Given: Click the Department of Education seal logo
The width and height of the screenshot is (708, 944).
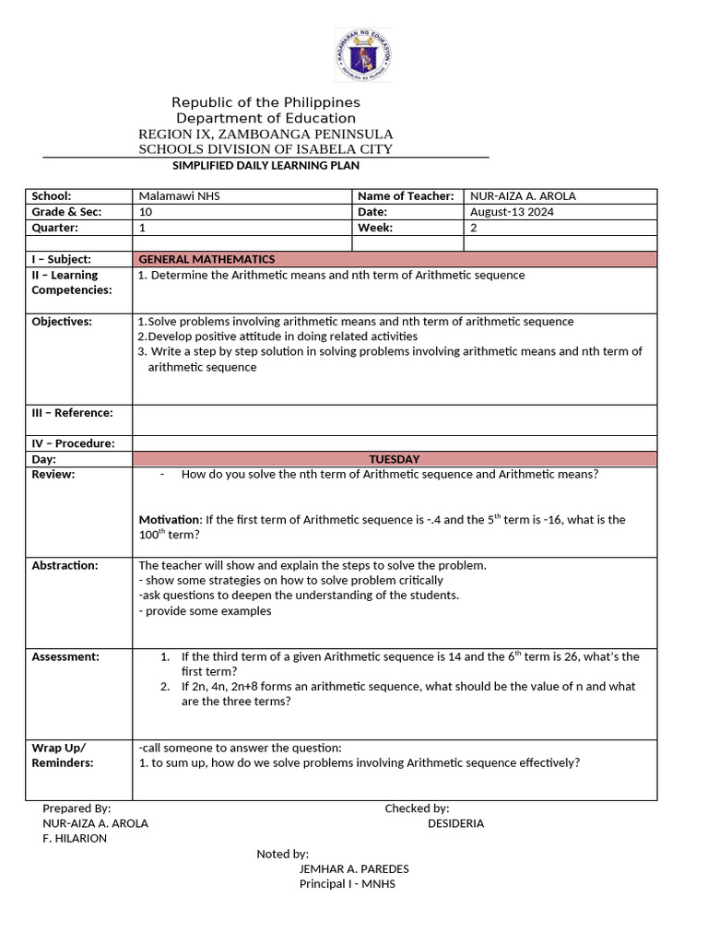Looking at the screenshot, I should click(361, 55).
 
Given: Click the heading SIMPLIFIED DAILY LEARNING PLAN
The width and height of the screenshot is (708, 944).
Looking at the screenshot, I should click(265, 165).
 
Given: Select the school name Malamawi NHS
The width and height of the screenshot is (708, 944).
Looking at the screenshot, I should click(179, 196).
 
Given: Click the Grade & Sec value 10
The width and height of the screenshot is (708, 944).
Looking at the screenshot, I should click(145, 212).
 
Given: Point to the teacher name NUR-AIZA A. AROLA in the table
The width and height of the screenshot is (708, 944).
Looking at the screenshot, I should click(523, 196).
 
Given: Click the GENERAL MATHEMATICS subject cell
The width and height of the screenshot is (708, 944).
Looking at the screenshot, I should click(206, 259).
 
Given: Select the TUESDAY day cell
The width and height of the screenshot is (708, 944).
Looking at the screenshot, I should click(395, 459).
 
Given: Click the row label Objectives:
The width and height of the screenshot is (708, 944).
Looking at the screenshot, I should click(62, 322).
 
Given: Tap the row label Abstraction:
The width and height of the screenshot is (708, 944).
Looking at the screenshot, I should click(65, 565).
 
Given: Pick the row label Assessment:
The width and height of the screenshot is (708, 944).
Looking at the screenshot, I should click(65, 656).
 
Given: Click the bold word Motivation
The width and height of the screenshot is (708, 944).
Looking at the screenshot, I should click(169, 520).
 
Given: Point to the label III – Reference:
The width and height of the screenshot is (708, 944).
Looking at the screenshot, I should click(72, 413).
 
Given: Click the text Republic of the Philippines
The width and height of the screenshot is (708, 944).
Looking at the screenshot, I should click(265, 102).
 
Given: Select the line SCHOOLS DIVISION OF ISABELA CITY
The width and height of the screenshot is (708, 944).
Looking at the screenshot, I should click(265, 149).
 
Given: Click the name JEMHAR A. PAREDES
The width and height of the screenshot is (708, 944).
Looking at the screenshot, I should click(354, 869).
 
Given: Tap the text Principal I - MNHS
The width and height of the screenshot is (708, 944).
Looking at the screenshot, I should click(347, 884).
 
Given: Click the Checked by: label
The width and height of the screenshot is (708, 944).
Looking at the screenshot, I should click(417, 808).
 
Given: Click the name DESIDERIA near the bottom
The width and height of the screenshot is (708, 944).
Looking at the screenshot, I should click(455, 823).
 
